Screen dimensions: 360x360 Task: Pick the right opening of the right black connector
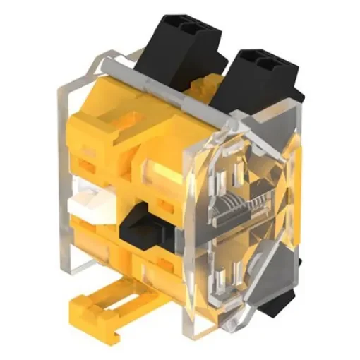(x=272, y=64)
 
